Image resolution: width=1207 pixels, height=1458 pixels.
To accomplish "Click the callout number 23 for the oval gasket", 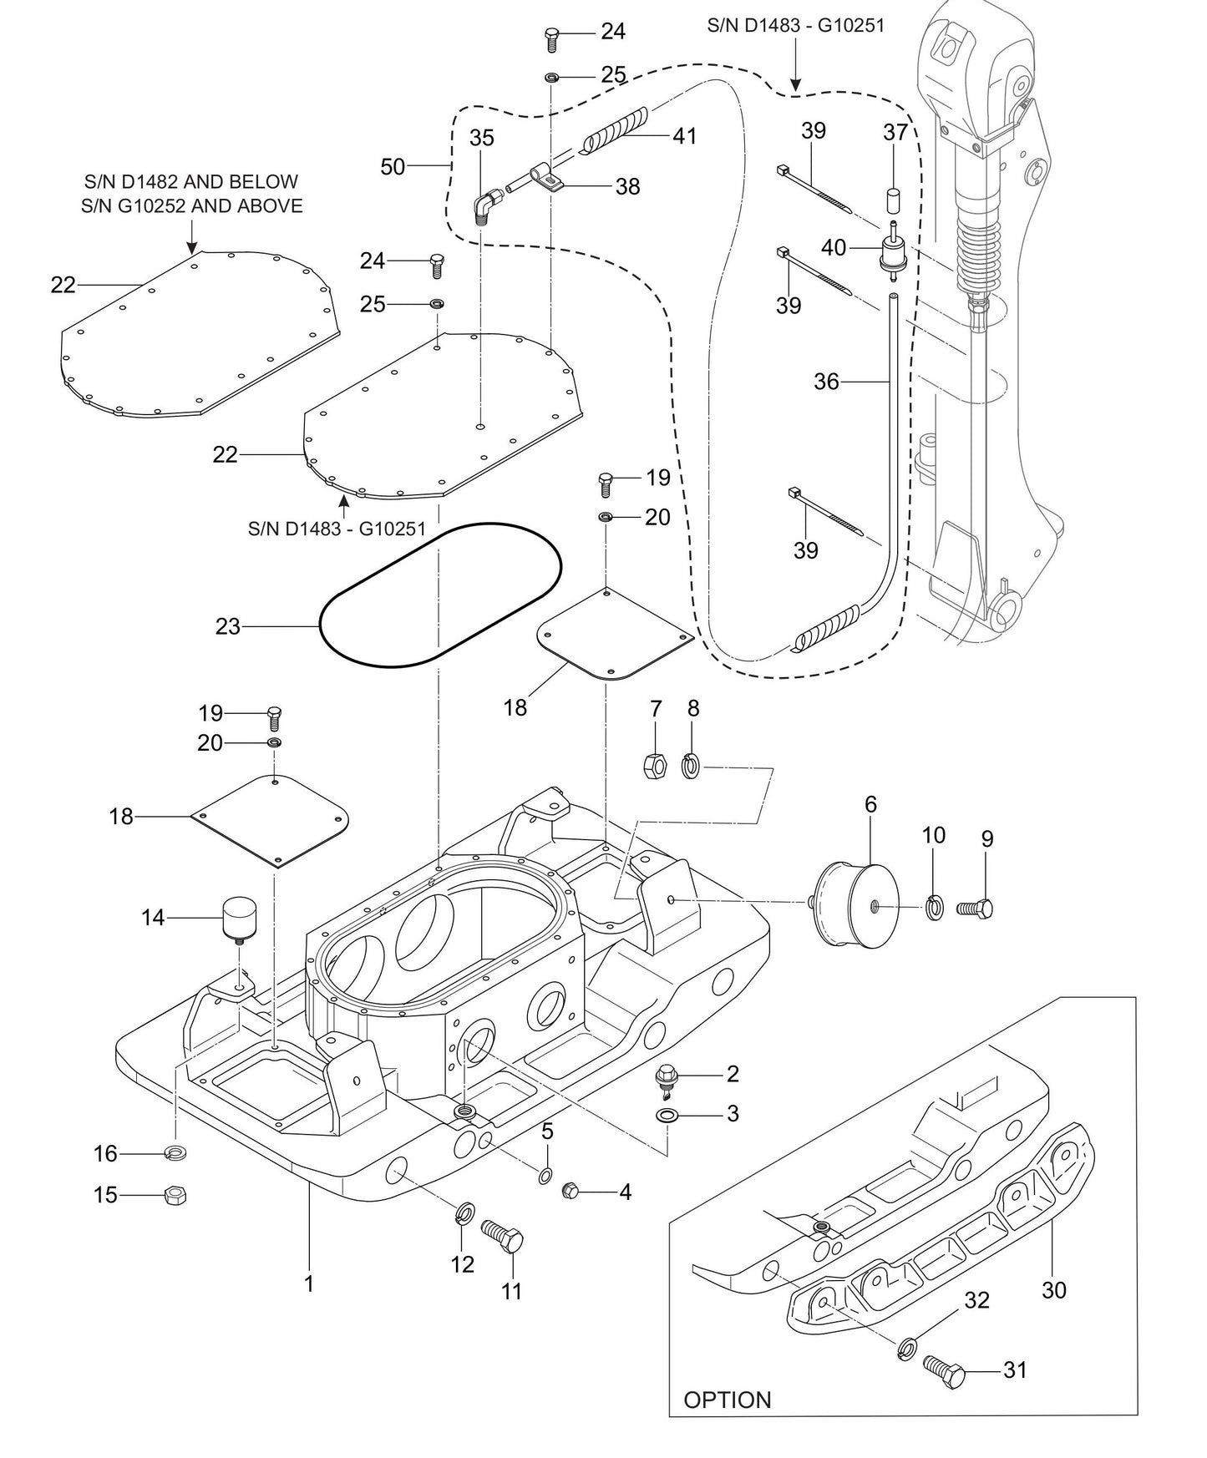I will (x=227, y=626).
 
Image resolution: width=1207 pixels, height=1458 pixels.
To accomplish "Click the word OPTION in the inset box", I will (x=728, y=1400).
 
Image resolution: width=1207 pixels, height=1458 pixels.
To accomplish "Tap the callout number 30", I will (x=1054, y=1290).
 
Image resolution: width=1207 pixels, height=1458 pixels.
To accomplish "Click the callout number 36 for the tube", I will (x=826, y=382).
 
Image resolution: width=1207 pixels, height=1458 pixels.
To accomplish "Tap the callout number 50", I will (x=393, y=166).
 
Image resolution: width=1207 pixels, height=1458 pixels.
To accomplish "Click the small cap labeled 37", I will (x=893, y=201).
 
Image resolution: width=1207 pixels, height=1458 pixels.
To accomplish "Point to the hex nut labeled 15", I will (x=174, y=1196).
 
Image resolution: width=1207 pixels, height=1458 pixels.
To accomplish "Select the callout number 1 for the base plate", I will (x=309, y=1283).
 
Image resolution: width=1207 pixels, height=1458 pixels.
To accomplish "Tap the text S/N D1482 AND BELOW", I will (x=191, y=181).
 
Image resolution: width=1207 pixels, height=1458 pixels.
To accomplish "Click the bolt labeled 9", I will (x=974, y=907).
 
